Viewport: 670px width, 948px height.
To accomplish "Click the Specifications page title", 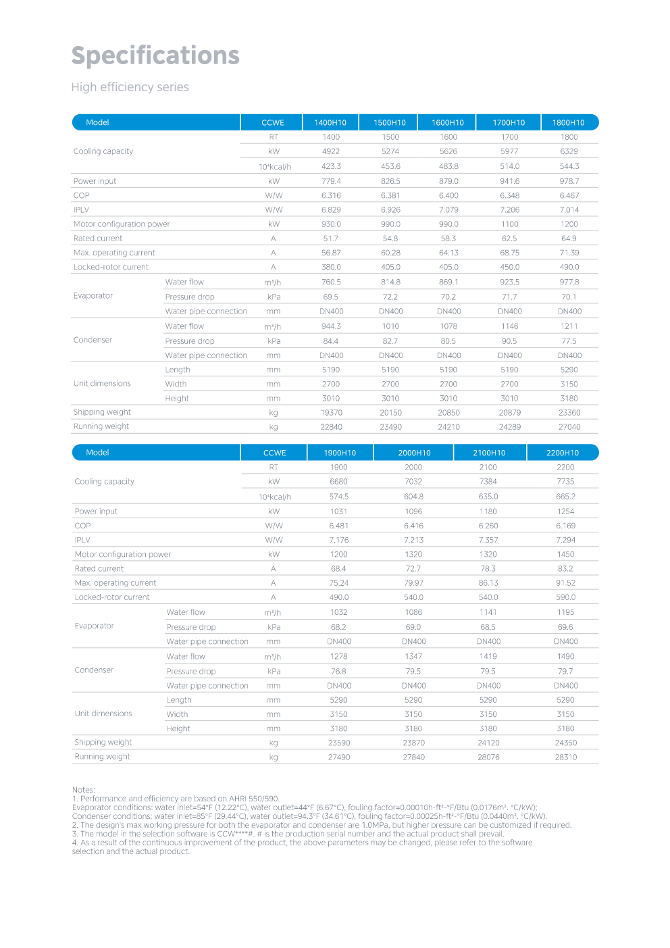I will (155, 55).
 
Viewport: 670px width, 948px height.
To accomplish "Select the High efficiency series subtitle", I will (130, 87).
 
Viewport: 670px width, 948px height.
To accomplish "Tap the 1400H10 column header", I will (330, 122).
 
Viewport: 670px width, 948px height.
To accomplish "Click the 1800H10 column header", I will (569, 122).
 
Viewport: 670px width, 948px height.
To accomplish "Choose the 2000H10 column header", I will (414, 453).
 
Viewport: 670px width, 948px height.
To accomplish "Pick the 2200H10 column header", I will (563, 453).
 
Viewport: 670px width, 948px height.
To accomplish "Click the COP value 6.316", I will (331, 195).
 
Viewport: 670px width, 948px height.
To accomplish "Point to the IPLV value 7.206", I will (509, 210).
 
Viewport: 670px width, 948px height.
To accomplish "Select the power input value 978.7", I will (569, 181).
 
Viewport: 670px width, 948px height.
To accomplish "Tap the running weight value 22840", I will (331, 427).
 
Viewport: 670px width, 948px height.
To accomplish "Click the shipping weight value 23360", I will (569, 413).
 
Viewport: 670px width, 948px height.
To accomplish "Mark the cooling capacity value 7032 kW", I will (413, 482).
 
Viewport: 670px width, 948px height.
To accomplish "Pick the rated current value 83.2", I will (565, 569).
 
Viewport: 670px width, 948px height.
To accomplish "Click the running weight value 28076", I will (488, 757).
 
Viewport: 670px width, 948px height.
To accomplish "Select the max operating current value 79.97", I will (413, 583).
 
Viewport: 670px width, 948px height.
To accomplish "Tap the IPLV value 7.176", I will (338, 540).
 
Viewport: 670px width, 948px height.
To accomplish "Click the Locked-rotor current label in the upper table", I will (111, 267).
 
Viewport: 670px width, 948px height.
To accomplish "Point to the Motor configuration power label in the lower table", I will (122, 554).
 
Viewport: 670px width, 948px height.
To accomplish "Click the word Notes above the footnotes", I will (83, 790).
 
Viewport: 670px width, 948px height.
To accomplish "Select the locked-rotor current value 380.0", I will (331, 267).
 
